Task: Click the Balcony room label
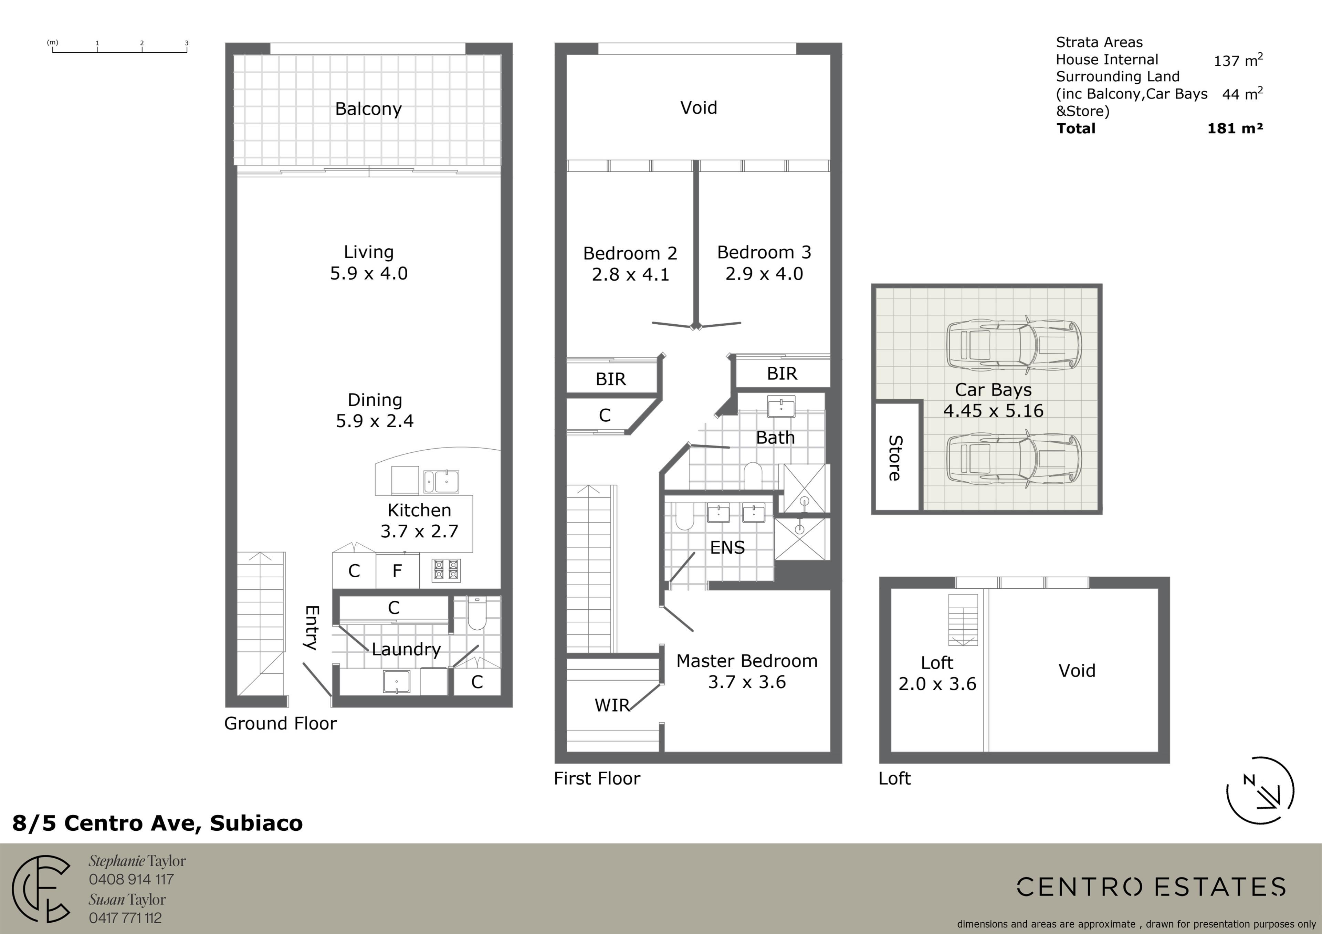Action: [368, 109]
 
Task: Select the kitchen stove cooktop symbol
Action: [446, 570]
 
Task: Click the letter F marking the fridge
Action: [397, 571]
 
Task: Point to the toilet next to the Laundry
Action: [477, 613]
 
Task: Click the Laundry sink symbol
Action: [397, 681]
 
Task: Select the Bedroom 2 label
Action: [630, 253]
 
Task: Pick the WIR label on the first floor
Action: [612, 705]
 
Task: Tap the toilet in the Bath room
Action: [753, 475]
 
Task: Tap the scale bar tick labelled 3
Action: [187, 43]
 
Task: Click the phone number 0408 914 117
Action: [131, 879]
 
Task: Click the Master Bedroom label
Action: [747, 661]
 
